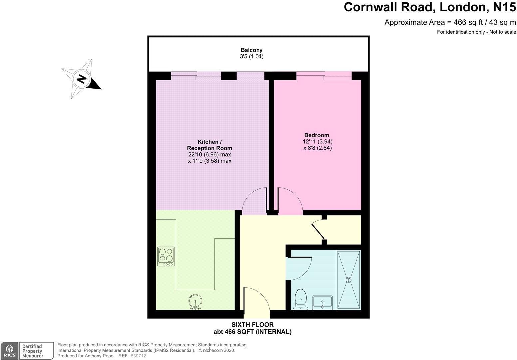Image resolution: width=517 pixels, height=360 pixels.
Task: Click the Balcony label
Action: pos(252,50)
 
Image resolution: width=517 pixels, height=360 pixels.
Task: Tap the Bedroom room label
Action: pos(316,135)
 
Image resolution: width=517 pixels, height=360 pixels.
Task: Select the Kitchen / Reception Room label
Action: pos(209,145)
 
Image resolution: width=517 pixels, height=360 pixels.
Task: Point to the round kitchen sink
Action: pos(195,302)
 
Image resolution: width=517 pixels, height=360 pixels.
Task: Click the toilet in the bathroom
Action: pos(301,298)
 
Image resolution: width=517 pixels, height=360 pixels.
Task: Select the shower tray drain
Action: pos(349,280)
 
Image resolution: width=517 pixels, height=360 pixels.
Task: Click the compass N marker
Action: pos(81,79)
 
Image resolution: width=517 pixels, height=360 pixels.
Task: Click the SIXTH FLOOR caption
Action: pos(253,325)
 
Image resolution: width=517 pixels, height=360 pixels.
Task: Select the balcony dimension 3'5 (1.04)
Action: pos(252,57)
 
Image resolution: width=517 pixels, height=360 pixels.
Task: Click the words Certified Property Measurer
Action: pos(32,351)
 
